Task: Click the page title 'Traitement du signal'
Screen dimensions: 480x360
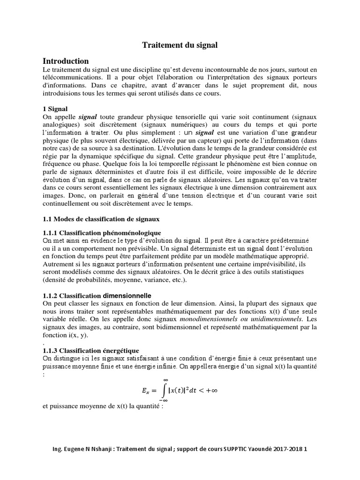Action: coord(180,45)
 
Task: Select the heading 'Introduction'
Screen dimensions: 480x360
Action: coord(66,61)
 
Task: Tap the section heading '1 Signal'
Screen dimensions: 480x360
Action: coord(55,108)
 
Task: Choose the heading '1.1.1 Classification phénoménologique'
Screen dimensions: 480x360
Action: coord(102,232)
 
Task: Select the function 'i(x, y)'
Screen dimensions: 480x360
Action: coord(75,336)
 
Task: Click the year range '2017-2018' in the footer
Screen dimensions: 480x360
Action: coord(287,449)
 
